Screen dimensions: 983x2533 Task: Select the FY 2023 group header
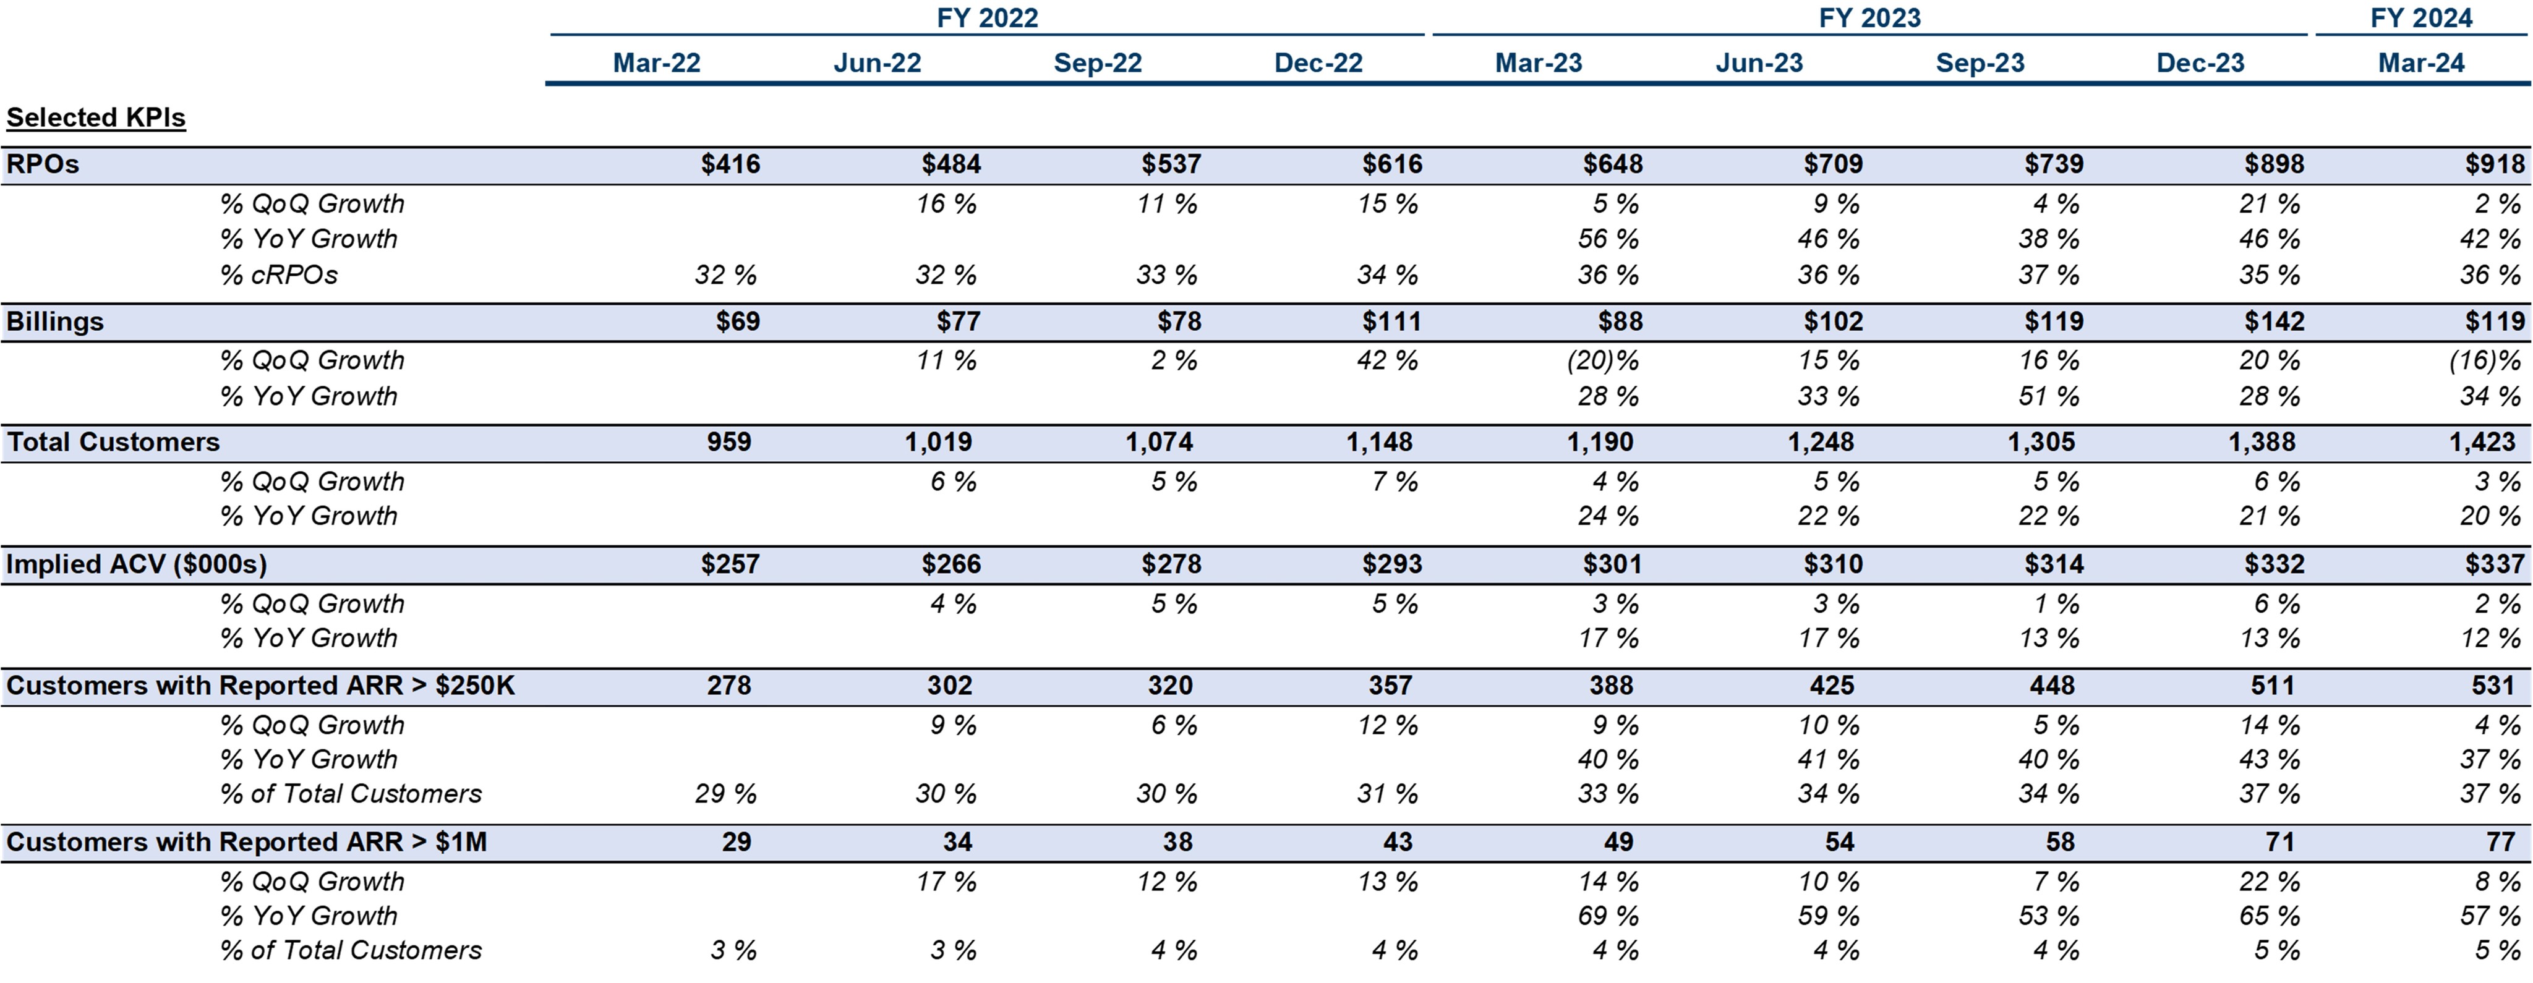pyautogui.click(x=1869, y=18)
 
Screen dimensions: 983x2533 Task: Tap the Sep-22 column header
pyautogui.click(x=1098, y=63)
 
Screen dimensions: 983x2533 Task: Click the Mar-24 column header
pyautogui.click(x=2421, y=63)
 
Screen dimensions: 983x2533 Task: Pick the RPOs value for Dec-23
pyautogui.click(x=2273, y=164)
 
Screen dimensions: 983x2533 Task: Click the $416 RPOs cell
pyautogui.click(x=730, y=164)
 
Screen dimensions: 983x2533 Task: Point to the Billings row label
pyautogui.click(x=55, y=321)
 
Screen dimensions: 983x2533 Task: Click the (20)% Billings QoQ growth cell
pyautogui.click(x=1603, y=361)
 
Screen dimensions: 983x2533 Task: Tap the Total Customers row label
pyautogui.click(x=113, y=443)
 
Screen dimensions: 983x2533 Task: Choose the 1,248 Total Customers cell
pyautogui.click(x=1820, y=443)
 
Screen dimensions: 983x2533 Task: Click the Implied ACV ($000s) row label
pyautogui.click(x=135, y=564)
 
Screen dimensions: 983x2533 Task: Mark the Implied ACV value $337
pyautogui.click(x=2493, y=564)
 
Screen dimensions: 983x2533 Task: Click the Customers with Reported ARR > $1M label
pyautogui.click(x=246, y=843)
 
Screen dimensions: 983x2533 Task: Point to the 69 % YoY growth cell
pyautogui.click(x=1608, y=916)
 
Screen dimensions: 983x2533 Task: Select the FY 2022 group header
pyautogui.click(x=986, y=18)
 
